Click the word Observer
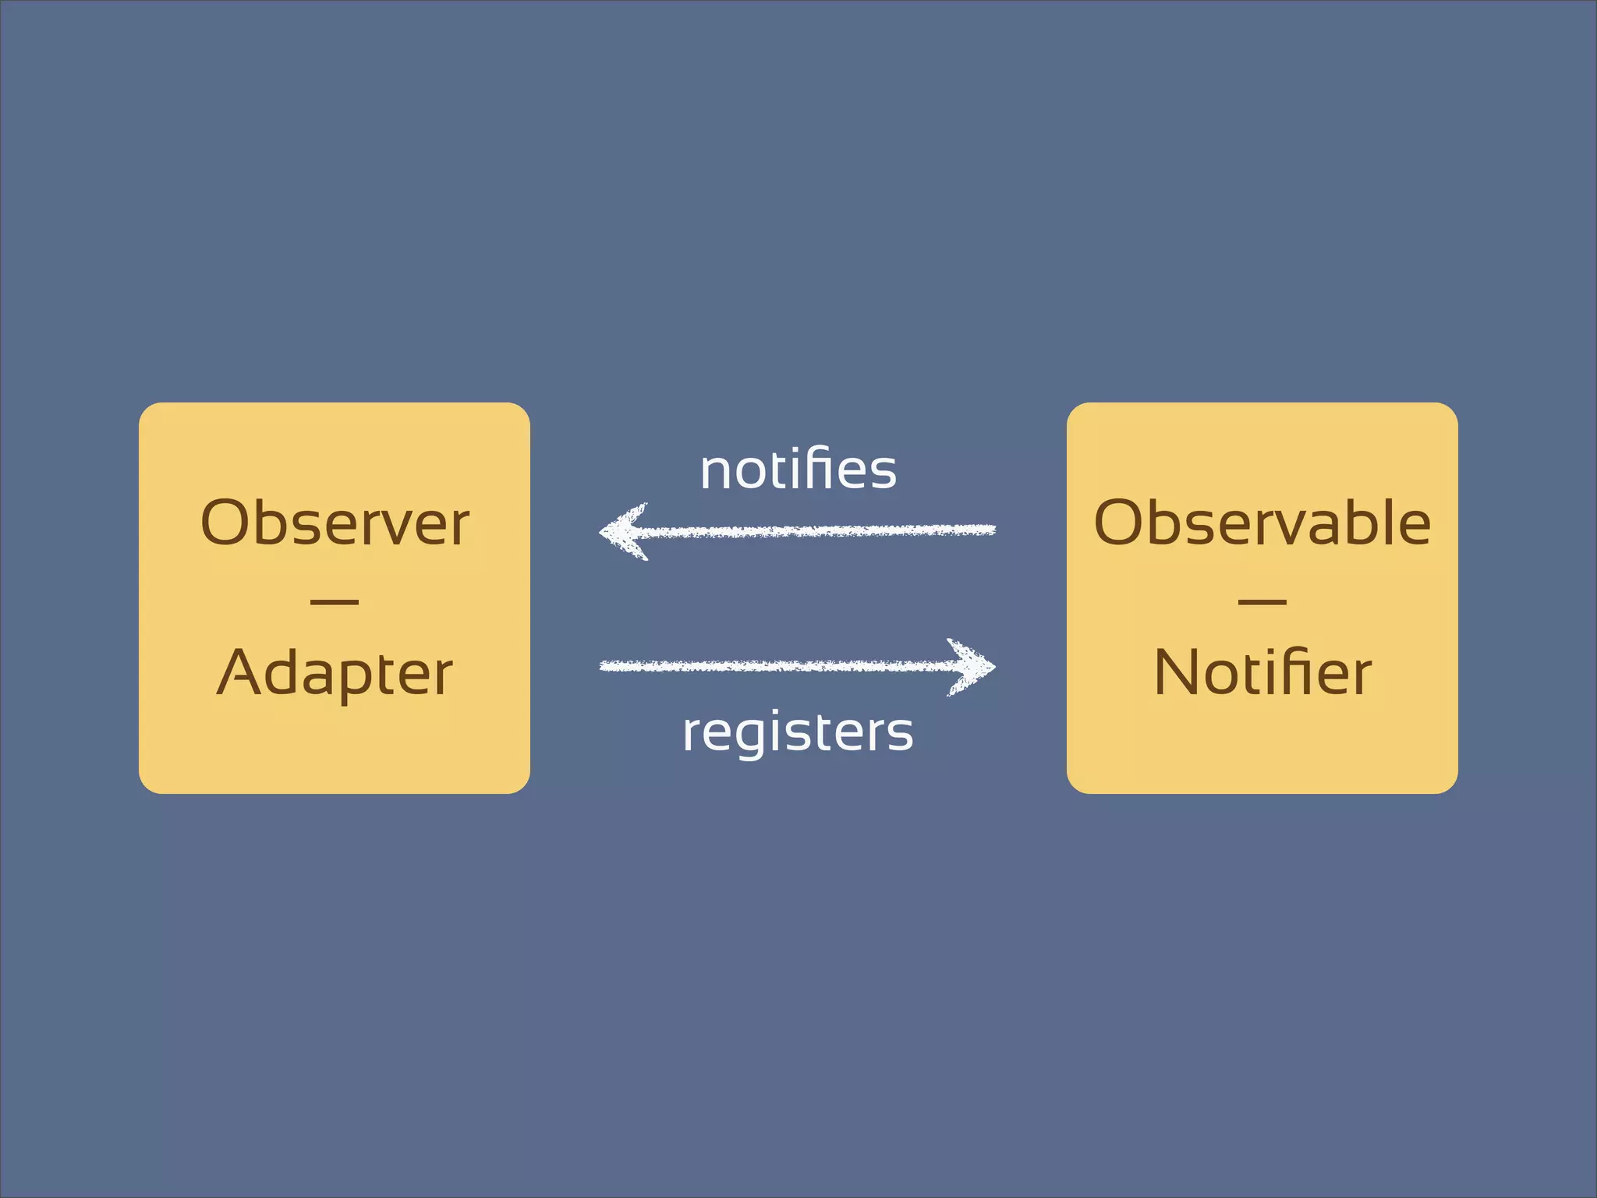coord(335,523)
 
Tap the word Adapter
coord(335,672)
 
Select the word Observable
coord(1262,523)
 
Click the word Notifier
coord(1262,672)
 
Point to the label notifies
coord(798,470)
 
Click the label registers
coord(798,732)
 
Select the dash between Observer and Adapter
coord(335,601)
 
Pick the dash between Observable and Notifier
coord(1262,601)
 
